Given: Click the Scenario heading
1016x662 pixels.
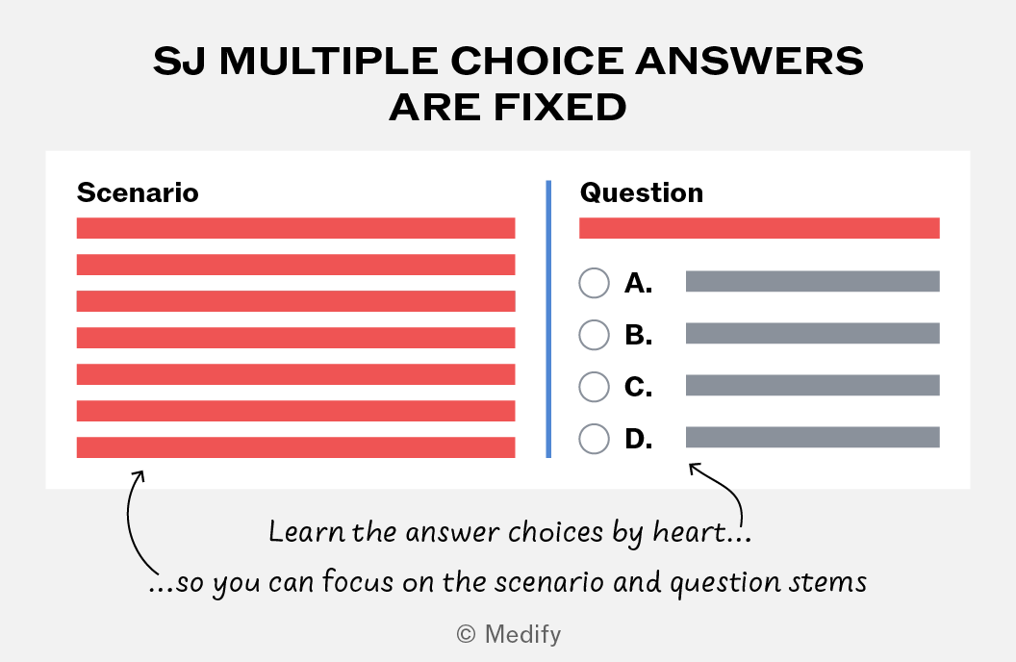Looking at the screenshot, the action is [x=138, y=192].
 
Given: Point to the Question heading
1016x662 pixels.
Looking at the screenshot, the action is [x=642, y=192].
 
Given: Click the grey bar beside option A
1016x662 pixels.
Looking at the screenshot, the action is [x=813, y=281].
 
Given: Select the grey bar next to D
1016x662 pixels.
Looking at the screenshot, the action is [x=813, y=437].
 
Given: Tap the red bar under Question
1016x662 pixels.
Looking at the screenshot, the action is [x=759, y=228].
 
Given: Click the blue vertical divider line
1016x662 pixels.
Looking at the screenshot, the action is [x=548, y=318].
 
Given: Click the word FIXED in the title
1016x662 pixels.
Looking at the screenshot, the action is [x=560, y=107].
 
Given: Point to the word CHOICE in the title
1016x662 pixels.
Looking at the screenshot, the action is [x=537, y=61].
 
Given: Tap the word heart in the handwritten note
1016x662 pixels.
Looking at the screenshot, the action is [x=689, y=532].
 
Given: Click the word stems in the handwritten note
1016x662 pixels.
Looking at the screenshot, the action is [x=827, y=582].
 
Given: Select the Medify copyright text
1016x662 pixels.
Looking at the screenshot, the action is [x=509, y=634].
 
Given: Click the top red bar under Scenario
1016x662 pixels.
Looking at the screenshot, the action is [x=295, y=228].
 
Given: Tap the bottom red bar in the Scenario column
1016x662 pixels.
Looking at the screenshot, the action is [x=295, y=447].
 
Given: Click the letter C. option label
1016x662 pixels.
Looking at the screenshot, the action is [x=638, y=387].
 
